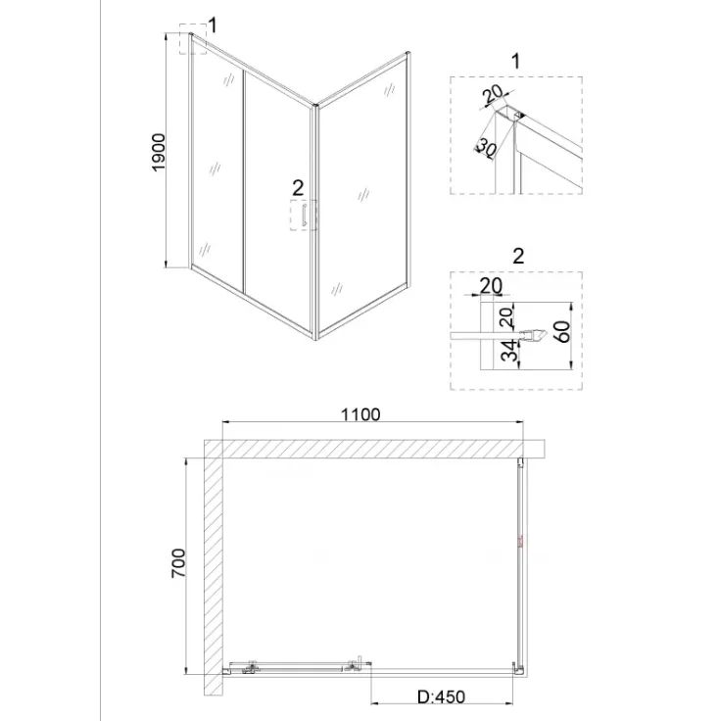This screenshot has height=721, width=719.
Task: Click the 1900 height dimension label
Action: coord(159,152)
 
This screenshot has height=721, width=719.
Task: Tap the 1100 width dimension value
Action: coord(360,414)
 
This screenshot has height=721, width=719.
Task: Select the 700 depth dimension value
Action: coord(178,563)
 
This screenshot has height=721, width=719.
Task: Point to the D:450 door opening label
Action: coord(442,697)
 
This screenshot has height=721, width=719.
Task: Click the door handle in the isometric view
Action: coord(304,216)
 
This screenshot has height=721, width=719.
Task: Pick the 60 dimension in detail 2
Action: coord(562,331)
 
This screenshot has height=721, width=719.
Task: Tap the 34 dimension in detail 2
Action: coord(509,351)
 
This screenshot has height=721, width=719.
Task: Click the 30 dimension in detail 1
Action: coord(487,148)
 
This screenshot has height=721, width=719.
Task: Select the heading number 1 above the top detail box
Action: coord(516,61)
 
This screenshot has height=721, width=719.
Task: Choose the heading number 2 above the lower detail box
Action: coord(518,256)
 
